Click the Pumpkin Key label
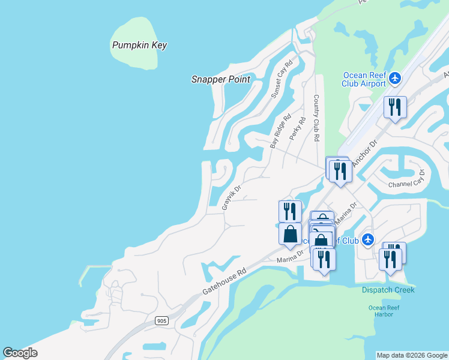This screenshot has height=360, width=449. coord(139,45)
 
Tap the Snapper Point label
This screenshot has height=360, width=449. coord(221,79)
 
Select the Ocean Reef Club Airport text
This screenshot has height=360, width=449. coord(364,79)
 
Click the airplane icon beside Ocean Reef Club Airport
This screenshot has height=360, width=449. coord(394,78)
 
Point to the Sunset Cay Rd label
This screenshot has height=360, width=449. coord(281,79)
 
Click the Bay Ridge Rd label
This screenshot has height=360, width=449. coord(280,131)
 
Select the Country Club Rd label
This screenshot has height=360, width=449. coord(316,118)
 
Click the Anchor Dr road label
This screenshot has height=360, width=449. coord(363,153)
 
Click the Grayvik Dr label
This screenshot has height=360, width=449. coord(231,197)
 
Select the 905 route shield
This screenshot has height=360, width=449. coord(161,321)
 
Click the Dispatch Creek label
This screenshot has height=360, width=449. coord(388,290)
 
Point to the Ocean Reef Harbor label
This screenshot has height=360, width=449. coord(384,311)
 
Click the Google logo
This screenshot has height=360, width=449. coord(20,353)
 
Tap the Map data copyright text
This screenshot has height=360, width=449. coord(412,355)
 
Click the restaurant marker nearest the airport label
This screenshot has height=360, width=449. coord(395,107)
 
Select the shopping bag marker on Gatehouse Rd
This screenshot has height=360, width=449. coord(290,233)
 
